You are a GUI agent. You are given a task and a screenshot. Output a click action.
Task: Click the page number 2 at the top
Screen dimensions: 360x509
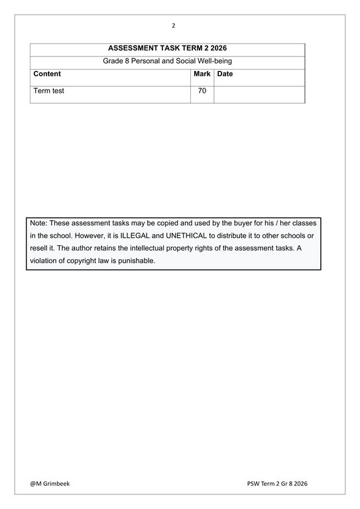[x=174, y=26]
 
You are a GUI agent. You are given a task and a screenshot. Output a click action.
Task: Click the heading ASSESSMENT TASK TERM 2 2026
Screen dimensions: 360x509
[x=167, y=49]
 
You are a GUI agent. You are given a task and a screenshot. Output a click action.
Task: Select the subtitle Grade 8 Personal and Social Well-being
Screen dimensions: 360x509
[x=167, y=62]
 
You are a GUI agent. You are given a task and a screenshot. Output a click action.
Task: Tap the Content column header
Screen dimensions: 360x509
[x=47, y=74]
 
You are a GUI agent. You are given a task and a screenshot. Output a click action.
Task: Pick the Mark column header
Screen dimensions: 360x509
[x=202, y=74]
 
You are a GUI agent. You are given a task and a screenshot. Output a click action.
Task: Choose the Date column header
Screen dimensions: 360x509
[x=225, y=74]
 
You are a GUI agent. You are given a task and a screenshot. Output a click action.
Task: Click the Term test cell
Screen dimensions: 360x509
[x=49, y=91]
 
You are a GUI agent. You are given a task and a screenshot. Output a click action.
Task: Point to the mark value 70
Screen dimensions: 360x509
[x=202, y=91]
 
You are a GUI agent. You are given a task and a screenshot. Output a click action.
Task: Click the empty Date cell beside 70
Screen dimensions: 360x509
[x=259, y=93]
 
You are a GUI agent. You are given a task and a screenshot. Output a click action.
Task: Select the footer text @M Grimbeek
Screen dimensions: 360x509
[x=50, y=484]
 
